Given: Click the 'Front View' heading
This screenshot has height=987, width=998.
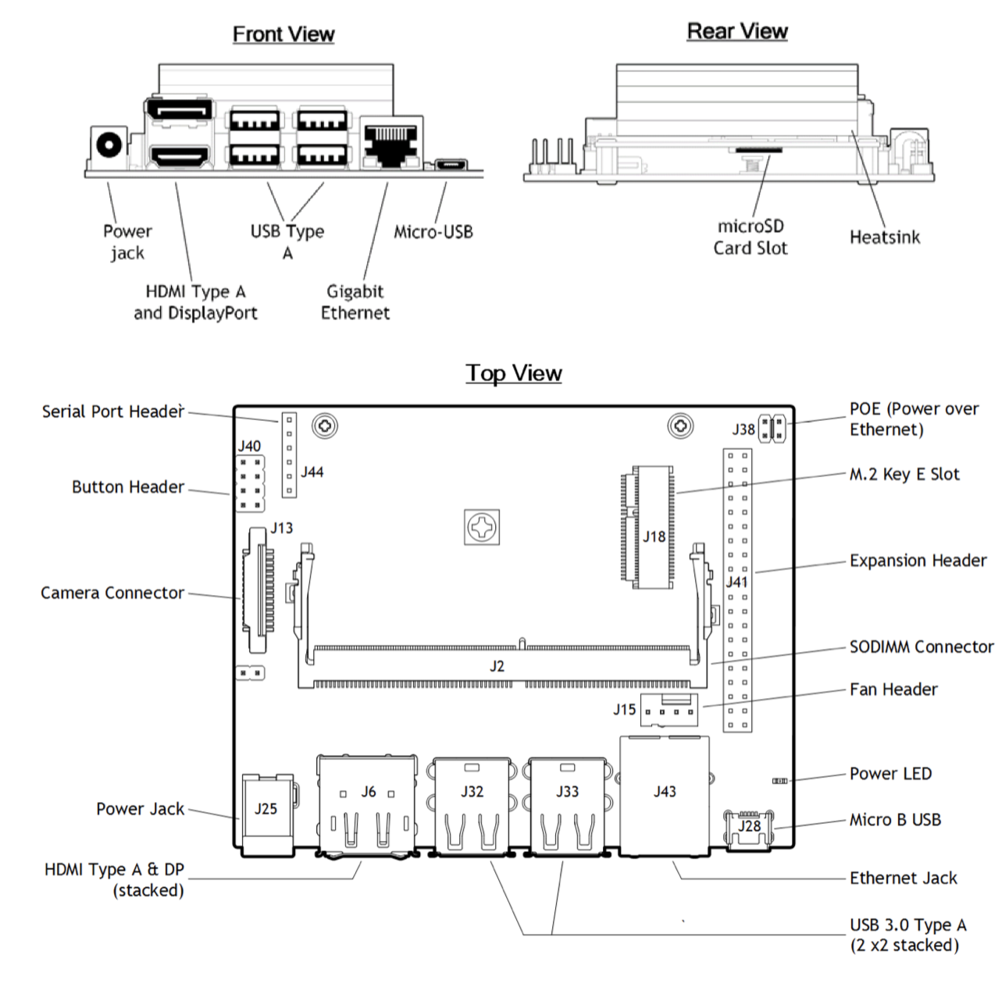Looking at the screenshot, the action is click(x=283, y=34).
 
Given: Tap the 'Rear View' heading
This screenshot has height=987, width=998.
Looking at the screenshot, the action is click(x=736, y=31).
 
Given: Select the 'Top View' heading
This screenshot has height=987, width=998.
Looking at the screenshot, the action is click(x=513, y=373).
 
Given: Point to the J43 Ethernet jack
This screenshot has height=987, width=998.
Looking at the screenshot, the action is click(x=665, y=795).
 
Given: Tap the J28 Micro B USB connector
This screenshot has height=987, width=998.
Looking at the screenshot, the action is click(x=750, y=830).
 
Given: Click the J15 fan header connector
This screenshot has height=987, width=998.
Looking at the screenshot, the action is click(x=668, y=710).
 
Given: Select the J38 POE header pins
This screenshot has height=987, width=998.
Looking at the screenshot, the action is click(x=772, y=429).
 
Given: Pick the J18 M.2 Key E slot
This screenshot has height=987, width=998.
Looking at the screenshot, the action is click(x=647, y=527).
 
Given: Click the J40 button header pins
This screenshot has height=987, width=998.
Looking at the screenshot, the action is click(x=250, y=483).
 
